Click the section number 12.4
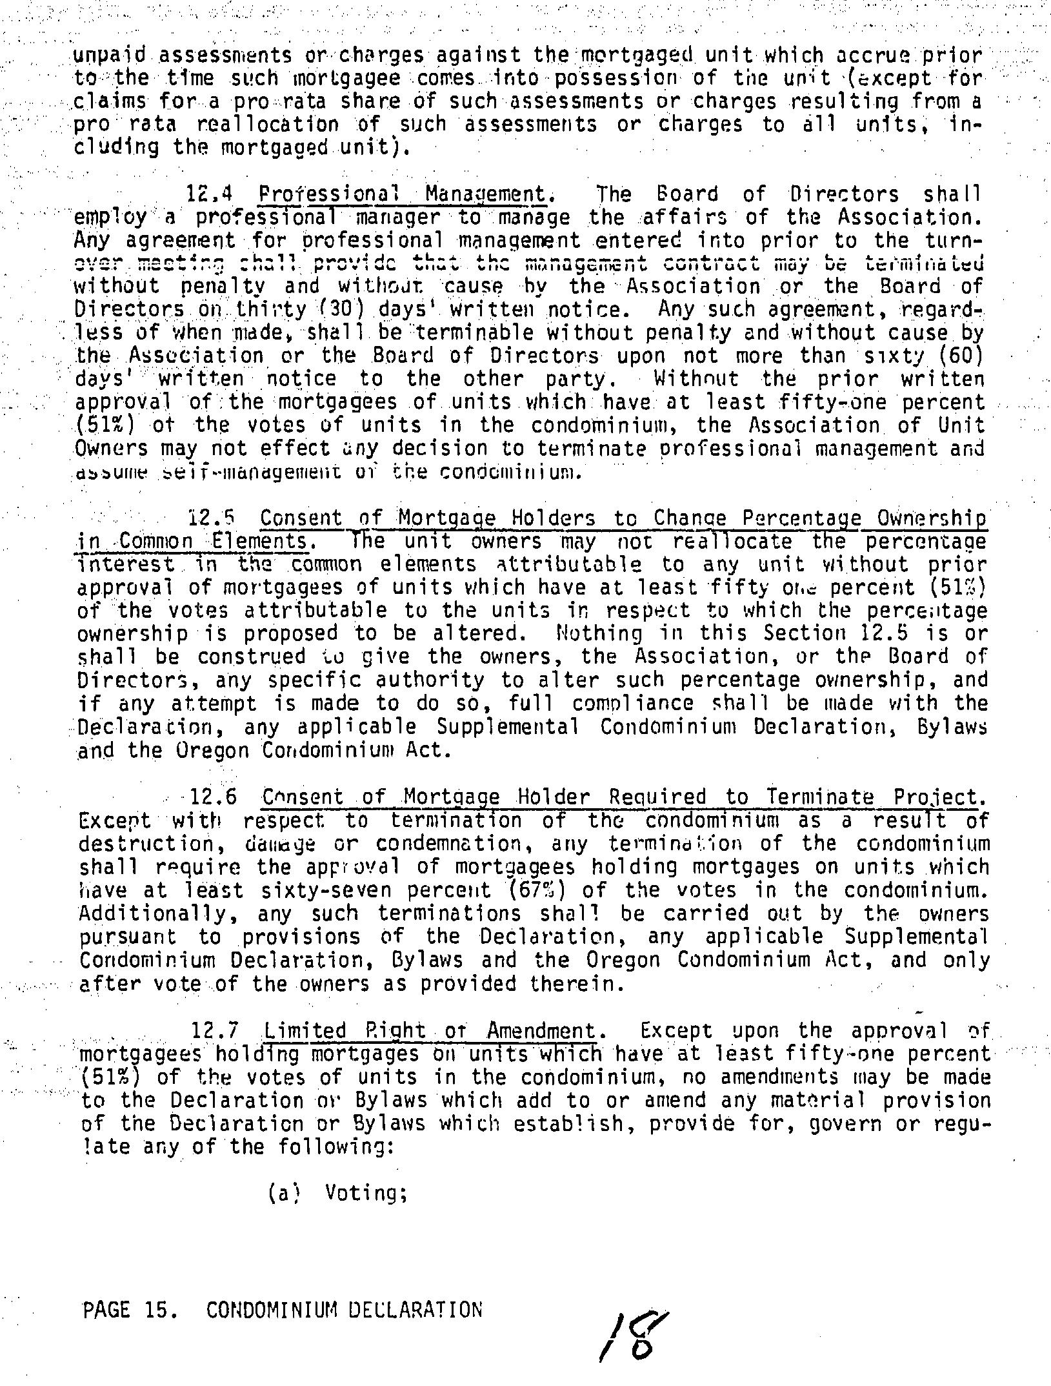(210, 194)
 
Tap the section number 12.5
(210, 518)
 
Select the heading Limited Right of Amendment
(430, 1030)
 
